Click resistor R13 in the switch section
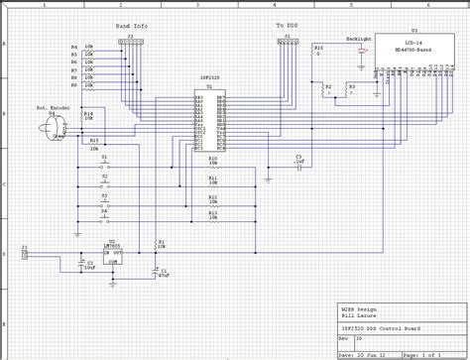(212, 218)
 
